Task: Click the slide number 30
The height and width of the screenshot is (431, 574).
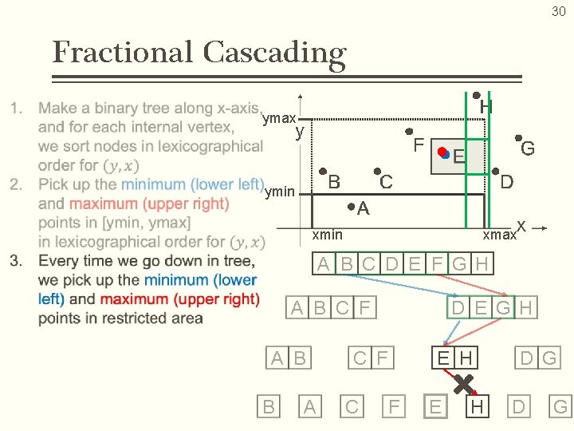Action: tap(557, 11)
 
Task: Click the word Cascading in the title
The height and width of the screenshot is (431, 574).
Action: tap(274, 53)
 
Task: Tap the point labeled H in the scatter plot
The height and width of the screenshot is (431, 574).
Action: tap(475, 95)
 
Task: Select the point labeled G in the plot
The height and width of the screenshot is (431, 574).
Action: tap(517, 136)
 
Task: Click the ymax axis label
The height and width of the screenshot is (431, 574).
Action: tap(278, 118)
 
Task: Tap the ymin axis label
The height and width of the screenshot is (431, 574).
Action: tap(279, 191)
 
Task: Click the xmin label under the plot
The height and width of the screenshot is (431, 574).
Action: tap(327, 234)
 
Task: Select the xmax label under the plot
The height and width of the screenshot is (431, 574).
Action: tap(499, 235)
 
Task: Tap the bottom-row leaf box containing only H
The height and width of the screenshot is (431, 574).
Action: tap(477, 407)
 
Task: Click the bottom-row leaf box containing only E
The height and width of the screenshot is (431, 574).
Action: tap(434, 407)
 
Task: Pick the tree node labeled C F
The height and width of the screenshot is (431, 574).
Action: tap(372, 358)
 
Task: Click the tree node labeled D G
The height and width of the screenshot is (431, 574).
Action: tap(538, 358)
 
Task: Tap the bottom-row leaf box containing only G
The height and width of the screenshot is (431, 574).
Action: tap(560, 407)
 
